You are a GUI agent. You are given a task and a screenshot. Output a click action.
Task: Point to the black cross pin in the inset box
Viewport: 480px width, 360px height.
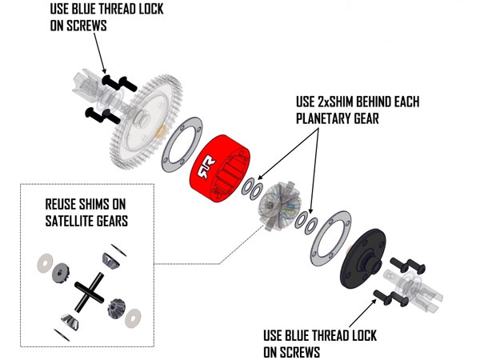pos(85,288)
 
